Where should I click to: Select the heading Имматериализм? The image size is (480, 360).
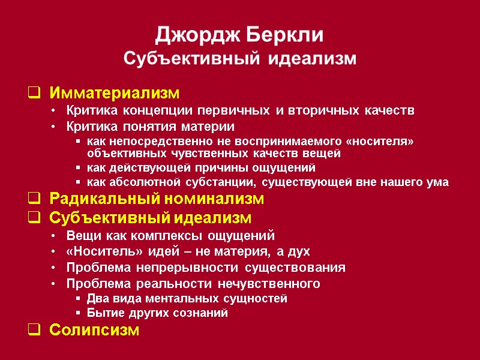point(114,94)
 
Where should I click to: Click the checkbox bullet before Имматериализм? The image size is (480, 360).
point(34,94)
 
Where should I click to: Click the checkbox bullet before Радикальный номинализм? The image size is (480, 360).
point(34,199)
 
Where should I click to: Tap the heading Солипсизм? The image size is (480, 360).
point(94,330)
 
